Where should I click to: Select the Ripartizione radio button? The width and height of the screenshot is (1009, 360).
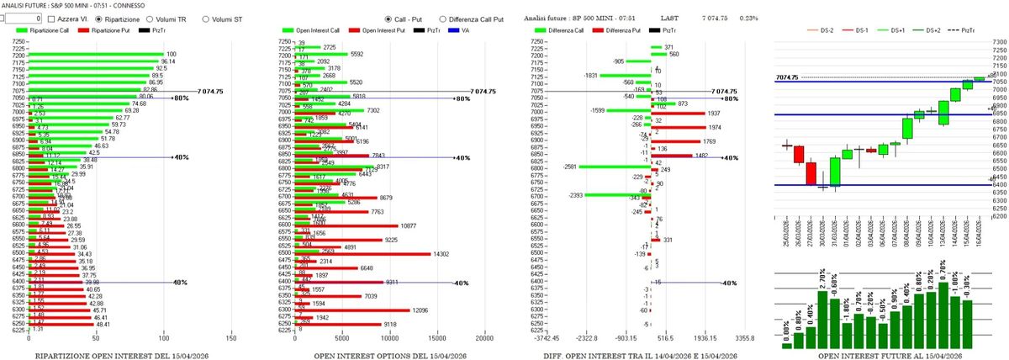pyautogui.click(x=100, y=17)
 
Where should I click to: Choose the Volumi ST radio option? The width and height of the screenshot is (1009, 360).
pyautogui.click(x=206, y=17)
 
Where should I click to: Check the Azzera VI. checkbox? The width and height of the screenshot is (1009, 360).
pyautogui.click(x=52, y=17)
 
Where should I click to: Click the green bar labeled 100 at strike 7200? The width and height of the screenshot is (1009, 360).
pyautogui.click(x=96, y=54)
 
